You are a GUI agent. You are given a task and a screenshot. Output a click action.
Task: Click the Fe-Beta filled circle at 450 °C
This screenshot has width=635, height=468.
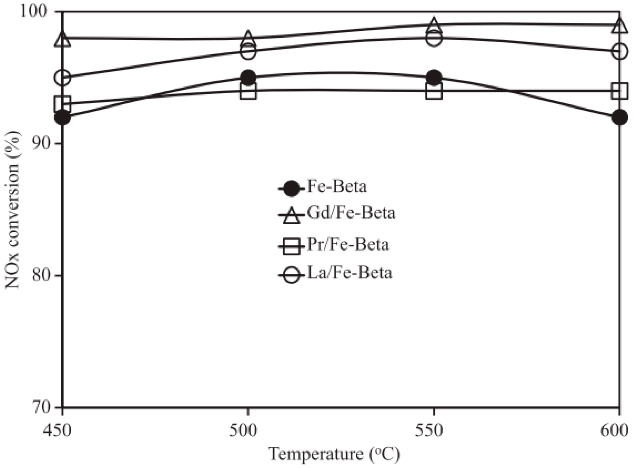[x=63, y=117]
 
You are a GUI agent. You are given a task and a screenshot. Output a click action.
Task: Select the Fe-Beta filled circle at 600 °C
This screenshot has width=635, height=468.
[x=619, y=117]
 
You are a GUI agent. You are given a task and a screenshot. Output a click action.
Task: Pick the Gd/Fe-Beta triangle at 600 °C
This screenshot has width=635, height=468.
[x=619, y=26]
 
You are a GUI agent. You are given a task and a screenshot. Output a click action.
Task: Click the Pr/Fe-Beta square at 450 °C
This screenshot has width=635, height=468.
[x=63, y=104]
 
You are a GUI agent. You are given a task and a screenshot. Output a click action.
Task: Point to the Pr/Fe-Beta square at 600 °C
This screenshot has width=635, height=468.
[x=619, y=91]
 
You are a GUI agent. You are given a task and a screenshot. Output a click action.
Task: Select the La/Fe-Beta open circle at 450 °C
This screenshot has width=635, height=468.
[x=63, y=78]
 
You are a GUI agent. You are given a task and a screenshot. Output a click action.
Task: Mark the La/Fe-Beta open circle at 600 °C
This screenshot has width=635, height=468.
[x=619, y=51]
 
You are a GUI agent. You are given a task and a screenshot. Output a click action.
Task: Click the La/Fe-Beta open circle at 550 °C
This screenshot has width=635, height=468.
[x=434, y=38]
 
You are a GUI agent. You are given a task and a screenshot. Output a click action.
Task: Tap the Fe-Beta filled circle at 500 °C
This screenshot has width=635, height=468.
[x=248, y=78]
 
